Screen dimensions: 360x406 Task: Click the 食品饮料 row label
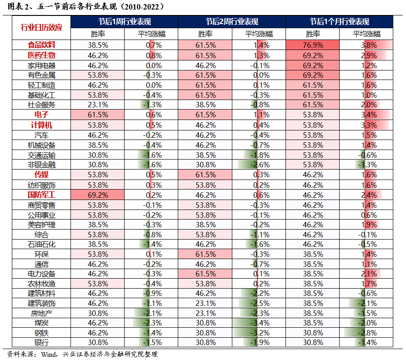tap(41, 45)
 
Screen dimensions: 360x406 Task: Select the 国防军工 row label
tap(41, 195)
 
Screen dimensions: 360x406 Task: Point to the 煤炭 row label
tap(41, 323)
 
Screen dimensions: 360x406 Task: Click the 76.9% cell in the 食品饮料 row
tap(312, 45)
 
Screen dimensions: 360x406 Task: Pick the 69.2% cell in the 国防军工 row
tap(98, 195)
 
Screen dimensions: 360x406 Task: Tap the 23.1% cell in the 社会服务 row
tap(98, 105)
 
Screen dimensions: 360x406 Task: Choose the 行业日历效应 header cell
tap(41, 27)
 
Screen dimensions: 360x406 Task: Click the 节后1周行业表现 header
tap(125, 21)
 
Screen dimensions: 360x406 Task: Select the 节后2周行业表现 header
tap(231, 21)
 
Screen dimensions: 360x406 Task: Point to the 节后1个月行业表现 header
tap(339, 21)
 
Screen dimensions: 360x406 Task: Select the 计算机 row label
tap(41, 125)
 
